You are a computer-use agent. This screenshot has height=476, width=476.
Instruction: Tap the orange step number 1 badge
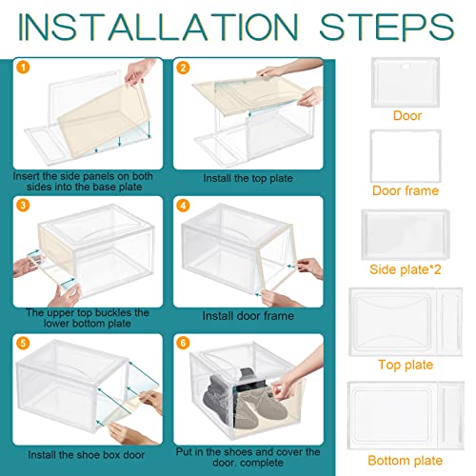tap(23, 68)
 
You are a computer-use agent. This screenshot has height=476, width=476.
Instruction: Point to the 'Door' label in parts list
tap(407, 116)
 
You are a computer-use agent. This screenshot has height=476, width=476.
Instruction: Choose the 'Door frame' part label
tap(407, 190)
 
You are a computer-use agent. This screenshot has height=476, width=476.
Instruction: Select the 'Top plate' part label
tap(407, 364)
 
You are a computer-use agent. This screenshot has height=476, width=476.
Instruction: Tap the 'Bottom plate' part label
tap(407, 459)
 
